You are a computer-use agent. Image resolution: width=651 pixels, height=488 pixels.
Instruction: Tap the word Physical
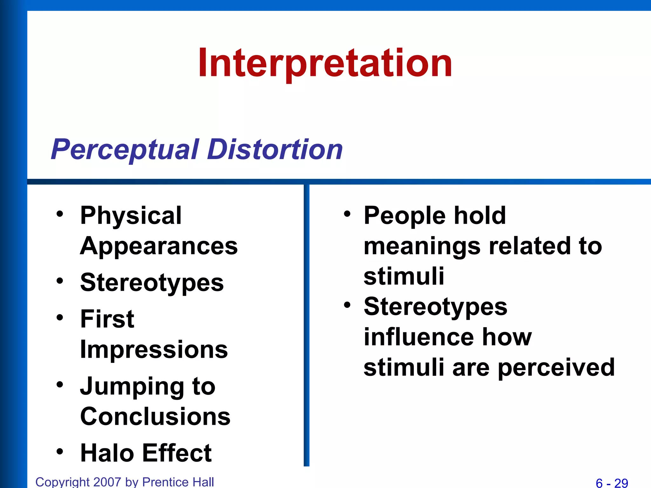click(131, 216)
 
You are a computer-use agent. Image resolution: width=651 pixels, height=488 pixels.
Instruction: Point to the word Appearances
click(159, 246)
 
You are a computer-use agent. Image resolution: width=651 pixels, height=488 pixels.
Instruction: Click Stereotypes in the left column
click(152, 283)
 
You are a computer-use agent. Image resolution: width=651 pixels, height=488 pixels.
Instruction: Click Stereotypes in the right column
click(435, 307)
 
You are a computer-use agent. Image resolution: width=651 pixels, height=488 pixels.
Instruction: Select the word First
click(107, 319)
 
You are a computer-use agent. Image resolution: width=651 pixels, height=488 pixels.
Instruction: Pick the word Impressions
click(154, 349)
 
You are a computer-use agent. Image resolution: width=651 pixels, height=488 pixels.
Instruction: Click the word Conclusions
click(155, 417)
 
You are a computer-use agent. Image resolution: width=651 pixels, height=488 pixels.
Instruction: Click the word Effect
click(177, 453)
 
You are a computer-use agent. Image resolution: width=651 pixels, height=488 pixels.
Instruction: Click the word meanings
click(422, 247)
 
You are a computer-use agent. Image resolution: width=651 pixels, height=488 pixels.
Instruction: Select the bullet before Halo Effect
click(60, 451)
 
